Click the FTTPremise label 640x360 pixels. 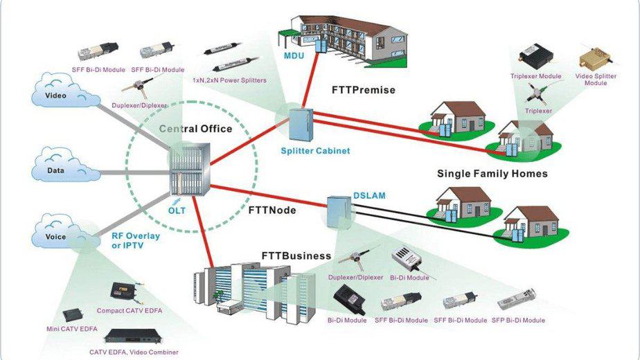364,90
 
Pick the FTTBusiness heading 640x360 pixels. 296,256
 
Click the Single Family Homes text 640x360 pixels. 492,174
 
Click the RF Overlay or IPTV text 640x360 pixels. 136,240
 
